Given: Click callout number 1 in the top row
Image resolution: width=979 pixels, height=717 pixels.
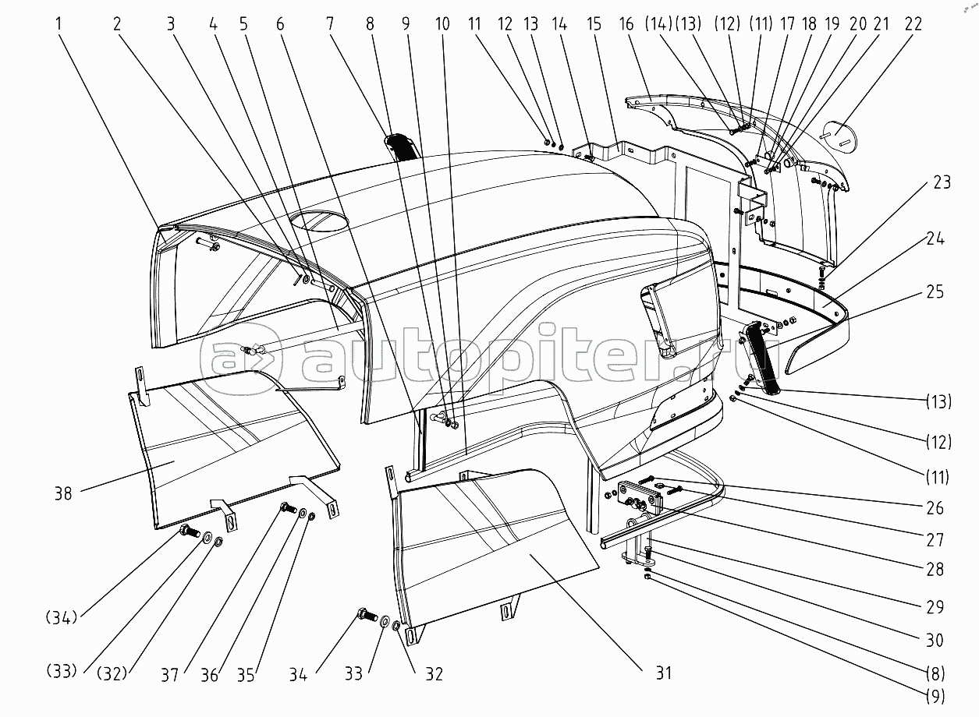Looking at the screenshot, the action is (x=59, y=23).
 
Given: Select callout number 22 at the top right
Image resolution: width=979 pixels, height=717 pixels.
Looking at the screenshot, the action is (x=913, y=23).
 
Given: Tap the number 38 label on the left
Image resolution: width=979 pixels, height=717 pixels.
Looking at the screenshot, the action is (x=63, y=494).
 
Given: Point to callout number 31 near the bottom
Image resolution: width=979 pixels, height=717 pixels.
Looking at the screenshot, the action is (x=663, y=673).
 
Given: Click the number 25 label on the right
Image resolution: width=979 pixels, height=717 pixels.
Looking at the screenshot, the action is (x=935, y=291).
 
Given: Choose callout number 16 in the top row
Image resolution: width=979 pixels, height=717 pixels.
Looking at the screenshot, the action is (x=626, y=23).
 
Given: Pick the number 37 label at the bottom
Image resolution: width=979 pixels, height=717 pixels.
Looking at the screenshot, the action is (x=169, y=675).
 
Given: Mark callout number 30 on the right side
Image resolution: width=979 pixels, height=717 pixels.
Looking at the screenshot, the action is (x=935, y=640).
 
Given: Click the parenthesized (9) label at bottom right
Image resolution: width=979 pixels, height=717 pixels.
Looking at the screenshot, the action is (x=935, y=696).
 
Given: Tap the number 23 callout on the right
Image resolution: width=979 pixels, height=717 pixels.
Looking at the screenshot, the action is (x=942, y=182).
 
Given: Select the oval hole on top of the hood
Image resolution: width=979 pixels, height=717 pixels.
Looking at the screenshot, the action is (x=321, y=219).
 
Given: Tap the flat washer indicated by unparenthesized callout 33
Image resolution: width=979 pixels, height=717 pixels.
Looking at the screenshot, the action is (x=386, y=621).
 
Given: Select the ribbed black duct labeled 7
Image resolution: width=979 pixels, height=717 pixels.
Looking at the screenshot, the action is (x=400, y=147).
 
